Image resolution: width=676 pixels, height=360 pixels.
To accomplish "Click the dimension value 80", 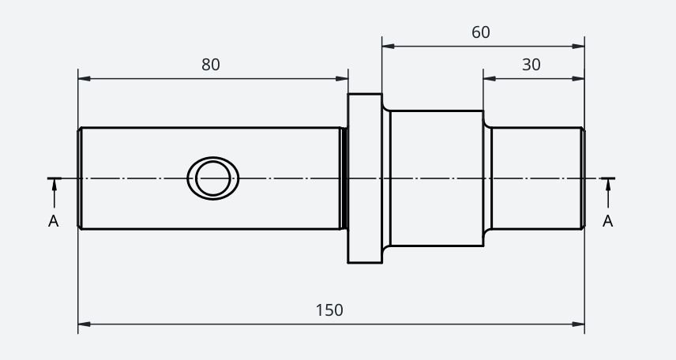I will point(211,65).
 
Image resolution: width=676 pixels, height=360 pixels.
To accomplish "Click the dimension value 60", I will point(480,32).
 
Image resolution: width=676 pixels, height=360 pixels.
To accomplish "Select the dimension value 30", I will point(531,65).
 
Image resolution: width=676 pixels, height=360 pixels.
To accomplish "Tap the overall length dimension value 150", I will point(329,310).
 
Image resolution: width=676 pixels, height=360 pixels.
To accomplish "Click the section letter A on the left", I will point(54,221).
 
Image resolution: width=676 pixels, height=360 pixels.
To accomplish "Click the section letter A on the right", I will point(608,221).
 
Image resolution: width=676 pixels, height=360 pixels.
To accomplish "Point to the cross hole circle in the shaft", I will point(213,178).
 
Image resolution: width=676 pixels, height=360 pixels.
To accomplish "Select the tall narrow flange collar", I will point(365,178).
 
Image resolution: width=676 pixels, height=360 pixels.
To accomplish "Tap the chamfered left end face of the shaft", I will point(80,178).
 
